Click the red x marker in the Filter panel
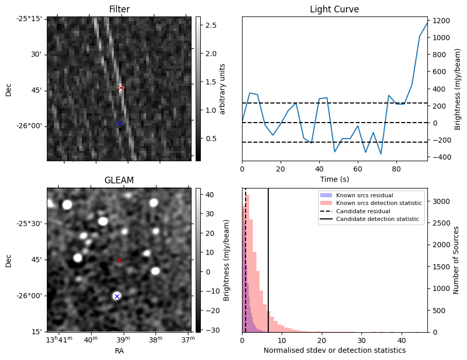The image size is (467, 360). pyautogui.click(x=120, y=88)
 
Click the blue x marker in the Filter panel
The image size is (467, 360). pyautogui.click(x=120, y=123)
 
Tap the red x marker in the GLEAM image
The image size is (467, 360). pyautogui.click(x=120, y=260)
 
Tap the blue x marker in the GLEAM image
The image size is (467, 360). pyautogui.click(x=117, y=296)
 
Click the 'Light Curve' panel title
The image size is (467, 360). pyautogui.click(x=334, y=9)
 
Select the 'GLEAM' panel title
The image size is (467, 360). pyautogui.click(x=119, y=180)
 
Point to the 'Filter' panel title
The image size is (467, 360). pyautogui.click(x=119, y=9)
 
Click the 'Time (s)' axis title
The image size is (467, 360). pyautogui.click(x=334, y=178)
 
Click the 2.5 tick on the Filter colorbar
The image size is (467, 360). pyautogui.click(x=211, y=25)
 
